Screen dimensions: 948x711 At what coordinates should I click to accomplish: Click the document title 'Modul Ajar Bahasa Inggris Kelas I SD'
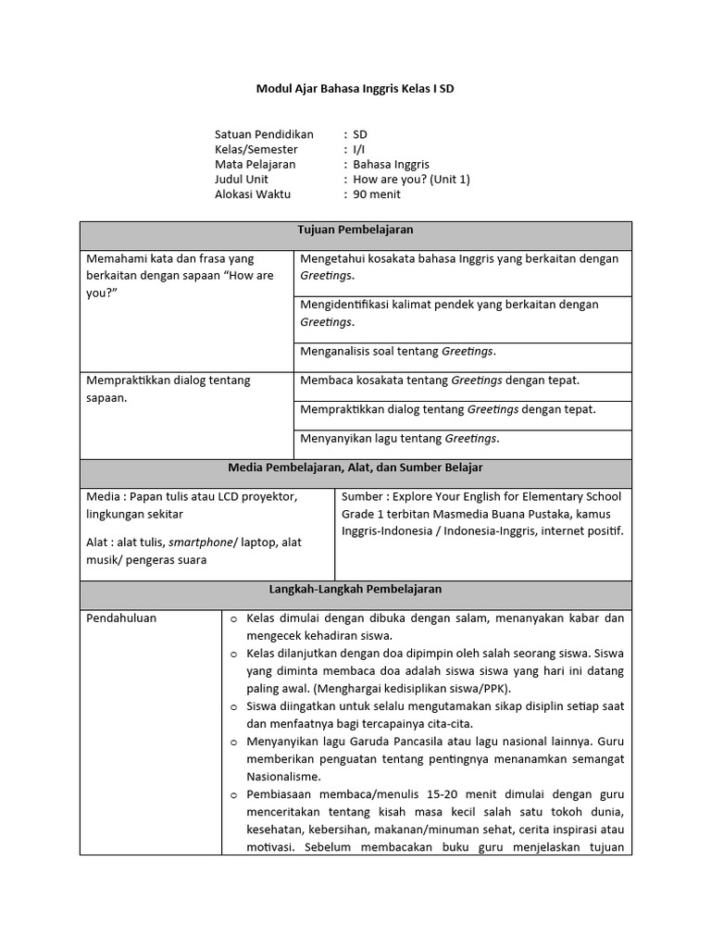pos(355,90)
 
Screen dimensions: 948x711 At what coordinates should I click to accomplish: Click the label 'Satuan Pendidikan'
pos(264,134)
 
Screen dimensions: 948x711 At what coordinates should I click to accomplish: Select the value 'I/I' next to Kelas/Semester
pos(358,149)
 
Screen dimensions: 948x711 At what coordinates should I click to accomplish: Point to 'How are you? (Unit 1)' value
pos(411,179)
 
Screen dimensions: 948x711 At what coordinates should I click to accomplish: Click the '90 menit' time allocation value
pos(377,194)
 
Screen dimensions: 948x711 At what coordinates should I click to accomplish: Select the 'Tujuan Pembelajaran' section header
pos(355,229)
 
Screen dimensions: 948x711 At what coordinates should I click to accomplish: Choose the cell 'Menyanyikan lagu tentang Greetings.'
pos(400,438)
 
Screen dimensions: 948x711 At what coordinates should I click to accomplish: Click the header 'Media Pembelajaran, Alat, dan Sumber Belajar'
pos(355,468)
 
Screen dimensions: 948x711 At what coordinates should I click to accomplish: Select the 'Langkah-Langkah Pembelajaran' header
pos(355,589)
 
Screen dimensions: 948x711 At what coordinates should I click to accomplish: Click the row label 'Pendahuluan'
pos(121,617)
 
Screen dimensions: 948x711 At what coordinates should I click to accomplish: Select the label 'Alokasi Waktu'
pos(253,194)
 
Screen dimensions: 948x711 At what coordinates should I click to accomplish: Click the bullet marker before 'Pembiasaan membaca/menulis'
pos(233,794)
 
